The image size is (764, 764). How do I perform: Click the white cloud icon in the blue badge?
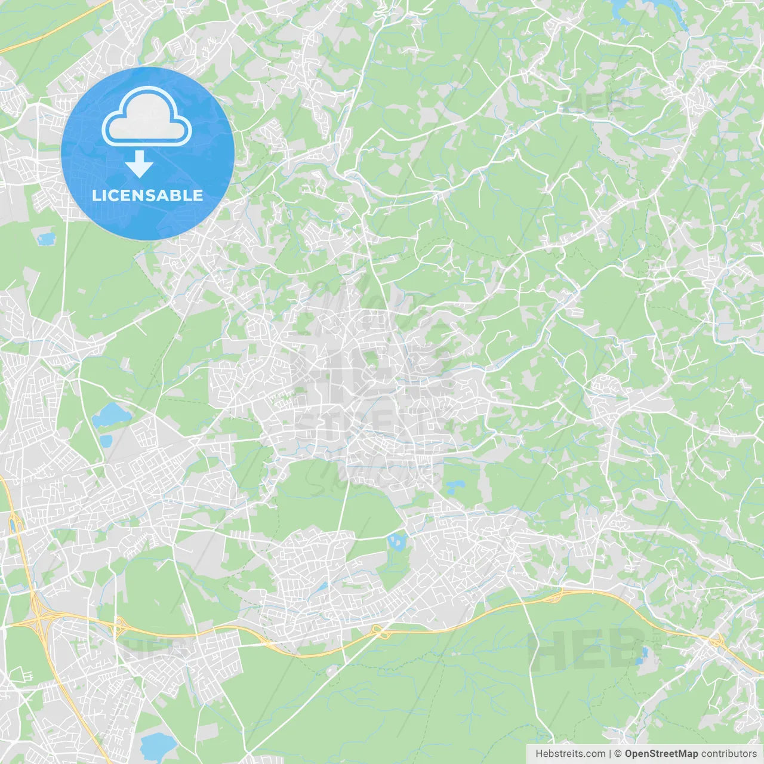pyautogui.click(x=147, y=117)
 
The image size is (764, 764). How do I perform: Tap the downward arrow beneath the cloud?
pyautogui.click(x=140, y=164)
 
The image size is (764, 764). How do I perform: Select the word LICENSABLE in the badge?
pyautogui.click(x=147, y=195)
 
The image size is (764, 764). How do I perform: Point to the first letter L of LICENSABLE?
pyautogui.click(x=95, y=195)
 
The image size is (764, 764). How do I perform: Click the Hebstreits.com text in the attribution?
pyautogui.click(x=570, y=754)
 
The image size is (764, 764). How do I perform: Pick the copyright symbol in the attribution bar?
pyautogui.click(x=618, y=754)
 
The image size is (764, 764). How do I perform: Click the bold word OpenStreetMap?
pyautogui.click(x=661, y=754)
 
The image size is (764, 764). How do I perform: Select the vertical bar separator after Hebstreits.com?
pyautogui.click(x=610, y=754)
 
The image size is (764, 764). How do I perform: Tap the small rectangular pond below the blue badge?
pyautogui.click(x=45, y=239)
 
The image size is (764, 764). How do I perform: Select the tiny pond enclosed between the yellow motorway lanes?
pyautogui.click(x=13, y=526)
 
